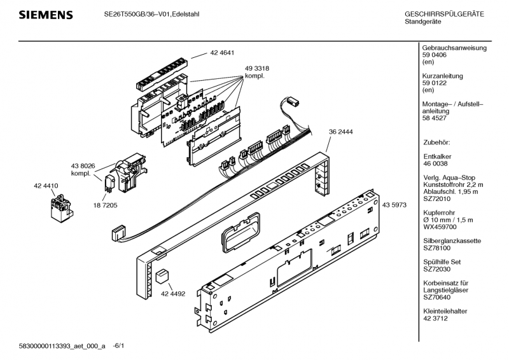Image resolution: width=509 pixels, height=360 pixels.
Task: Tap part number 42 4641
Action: [223, 55]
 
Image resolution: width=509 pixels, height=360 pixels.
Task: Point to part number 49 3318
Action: [257, 69]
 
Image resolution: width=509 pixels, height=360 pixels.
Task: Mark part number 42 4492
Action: [173, 294]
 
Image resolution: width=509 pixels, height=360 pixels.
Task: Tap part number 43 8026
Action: [83, 166]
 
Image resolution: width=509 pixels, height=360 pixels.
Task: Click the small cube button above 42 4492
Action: [163, 275]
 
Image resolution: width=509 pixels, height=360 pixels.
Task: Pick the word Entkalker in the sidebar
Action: [438, 156]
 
